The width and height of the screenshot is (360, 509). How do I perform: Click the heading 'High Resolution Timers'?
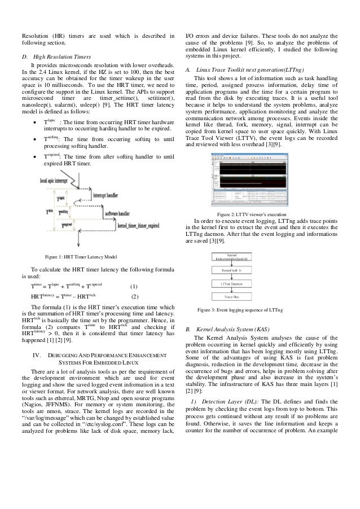pyautogui.click(x=63, y=57)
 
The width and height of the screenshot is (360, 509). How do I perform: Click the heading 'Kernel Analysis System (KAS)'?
pyautogui.click(x=238, y=328)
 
